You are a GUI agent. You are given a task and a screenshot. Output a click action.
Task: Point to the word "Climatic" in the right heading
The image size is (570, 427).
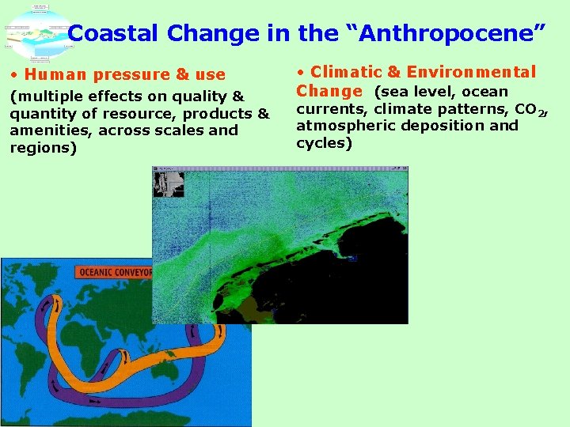tap(346, 72)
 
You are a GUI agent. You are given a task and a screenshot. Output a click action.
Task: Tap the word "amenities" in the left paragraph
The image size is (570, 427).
tap(47, 130)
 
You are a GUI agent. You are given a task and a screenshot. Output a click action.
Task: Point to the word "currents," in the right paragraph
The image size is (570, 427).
tap(332, 109)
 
